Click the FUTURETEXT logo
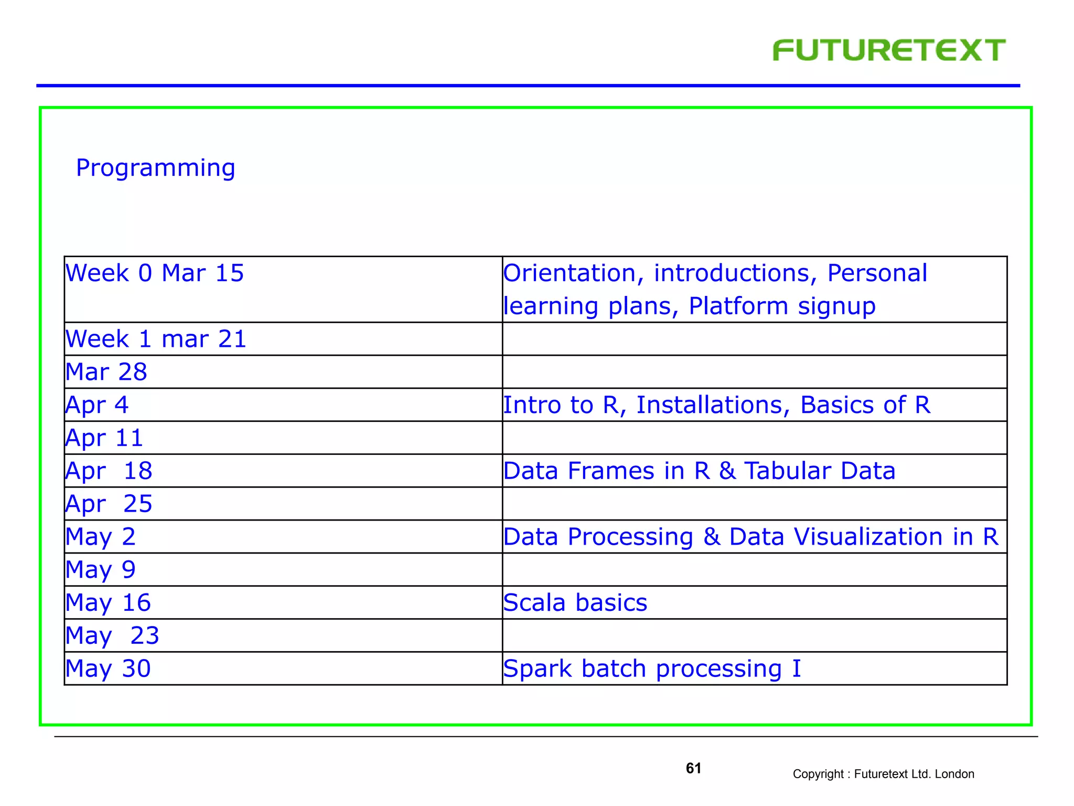[x=889, y=50]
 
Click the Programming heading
[x=155, y=168]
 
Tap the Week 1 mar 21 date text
[x=156, y=339]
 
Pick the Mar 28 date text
[x=106, y=372]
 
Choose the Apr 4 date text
[x=97, y=405]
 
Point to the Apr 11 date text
[x=104, y=438]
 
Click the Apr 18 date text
[x=109, y=471]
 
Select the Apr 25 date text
[x=109, y=504]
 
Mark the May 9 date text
[x=101, y=570]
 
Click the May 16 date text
[x=108, y=603]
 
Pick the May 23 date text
[x=112, y=636]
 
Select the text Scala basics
[x=575, y=603]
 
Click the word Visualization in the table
[x=868, y=537]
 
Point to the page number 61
[x=693, y=768]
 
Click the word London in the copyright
[x=954, y=774]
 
